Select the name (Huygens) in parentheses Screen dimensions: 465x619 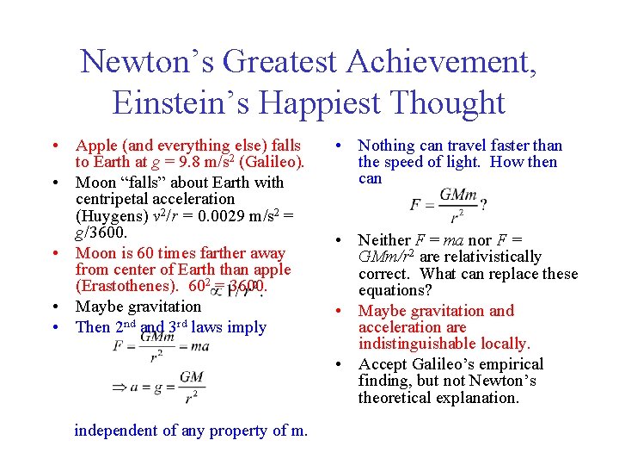click(109, 216)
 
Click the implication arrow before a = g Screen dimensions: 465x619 click(120, 387)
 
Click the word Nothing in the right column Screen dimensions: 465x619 click(387, 146)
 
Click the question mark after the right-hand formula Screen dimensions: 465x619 click(483, 206)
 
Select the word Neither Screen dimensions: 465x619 click(385, 239)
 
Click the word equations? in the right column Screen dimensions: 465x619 click(395, 290)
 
